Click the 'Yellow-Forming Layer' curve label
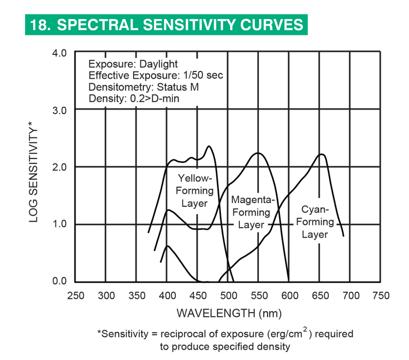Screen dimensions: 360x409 coord(194,190)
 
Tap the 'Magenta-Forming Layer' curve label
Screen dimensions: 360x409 coord(251,212)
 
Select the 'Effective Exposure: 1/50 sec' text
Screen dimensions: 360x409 coord(156,76)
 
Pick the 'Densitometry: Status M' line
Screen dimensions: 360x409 coord(143,87)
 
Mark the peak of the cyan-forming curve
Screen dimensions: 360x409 coord(322,154)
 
